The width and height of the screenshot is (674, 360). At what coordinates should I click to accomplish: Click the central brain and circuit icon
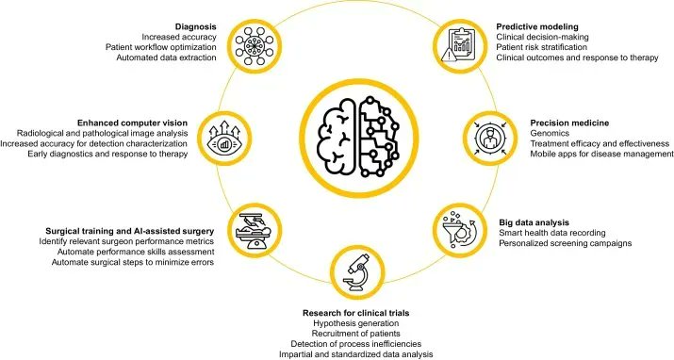tap(358, 138)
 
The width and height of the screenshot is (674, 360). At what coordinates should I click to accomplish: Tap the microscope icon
tap(356, 272)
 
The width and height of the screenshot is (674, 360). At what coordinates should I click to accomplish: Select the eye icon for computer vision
tap(224, 138)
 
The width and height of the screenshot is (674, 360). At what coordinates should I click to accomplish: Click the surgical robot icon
tap(255, 230)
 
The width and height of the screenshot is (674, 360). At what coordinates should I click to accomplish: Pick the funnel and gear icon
tap(459, 230)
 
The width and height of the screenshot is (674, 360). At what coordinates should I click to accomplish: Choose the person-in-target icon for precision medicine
tap(488, 138)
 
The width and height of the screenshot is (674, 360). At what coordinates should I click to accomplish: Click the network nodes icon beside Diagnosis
tap(255, 45)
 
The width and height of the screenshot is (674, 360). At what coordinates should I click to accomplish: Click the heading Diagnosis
tap(196, 26)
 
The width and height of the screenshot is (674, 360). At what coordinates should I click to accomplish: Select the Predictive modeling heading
tap(537, 27)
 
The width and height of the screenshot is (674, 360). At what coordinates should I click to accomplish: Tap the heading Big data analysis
tap(534, 222)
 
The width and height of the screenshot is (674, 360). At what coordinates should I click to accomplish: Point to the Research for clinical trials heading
tap(356, 313)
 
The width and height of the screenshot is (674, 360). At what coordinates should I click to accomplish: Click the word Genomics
tap(550, 133)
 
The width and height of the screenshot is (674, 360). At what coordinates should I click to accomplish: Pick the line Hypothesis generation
tap(356, 323)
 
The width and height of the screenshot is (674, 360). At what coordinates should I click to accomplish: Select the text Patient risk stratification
tap(542, 47)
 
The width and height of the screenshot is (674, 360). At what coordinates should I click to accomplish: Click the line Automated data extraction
tap(166, 57)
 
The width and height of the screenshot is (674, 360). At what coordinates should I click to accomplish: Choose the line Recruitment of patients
tap(356, 334)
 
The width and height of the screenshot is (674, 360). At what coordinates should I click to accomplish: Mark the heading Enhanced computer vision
tap(132, 123)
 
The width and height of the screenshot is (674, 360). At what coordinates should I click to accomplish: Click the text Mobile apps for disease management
tap(601, 154)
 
